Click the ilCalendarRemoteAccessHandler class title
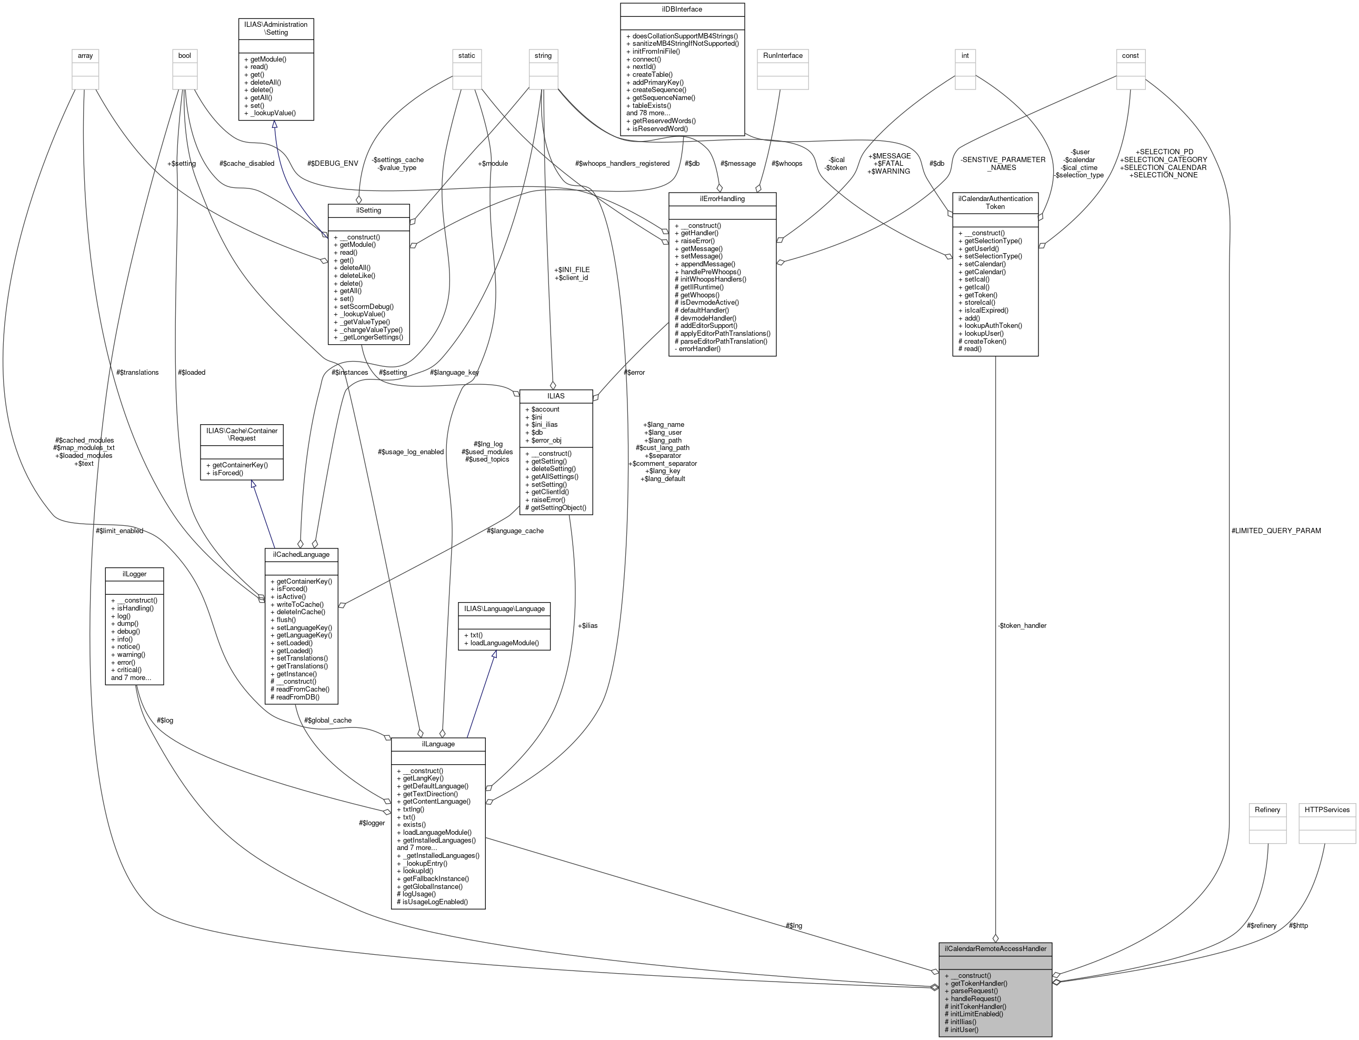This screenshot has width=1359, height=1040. coord(995,948)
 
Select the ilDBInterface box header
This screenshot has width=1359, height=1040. coord(682,9)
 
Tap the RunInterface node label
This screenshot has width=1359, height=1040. coord(783,56)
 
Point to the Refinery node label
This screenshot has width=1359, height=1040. coord(1267,809)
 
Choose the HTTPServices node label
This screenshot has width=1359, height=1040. coord(1327,809)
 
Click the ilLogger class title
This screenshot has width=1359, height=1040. coord(134,574)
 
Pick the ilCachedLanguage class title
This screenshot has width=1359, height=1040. coord(301,554)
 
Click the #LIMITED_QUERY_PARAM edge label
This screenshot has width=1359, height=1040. coord(1276,531)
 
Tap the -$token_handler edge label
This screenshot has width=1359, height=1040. coord(1022,625)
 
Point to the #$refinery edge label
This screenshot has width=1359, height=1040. coord(1261,925)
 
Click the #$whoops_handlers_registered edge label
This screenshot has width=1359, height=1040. coord(622,164)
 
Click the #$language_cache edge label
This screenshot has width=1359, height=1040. coord(515,531)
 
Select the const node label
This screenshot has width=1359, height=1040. coord(1130,56)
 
